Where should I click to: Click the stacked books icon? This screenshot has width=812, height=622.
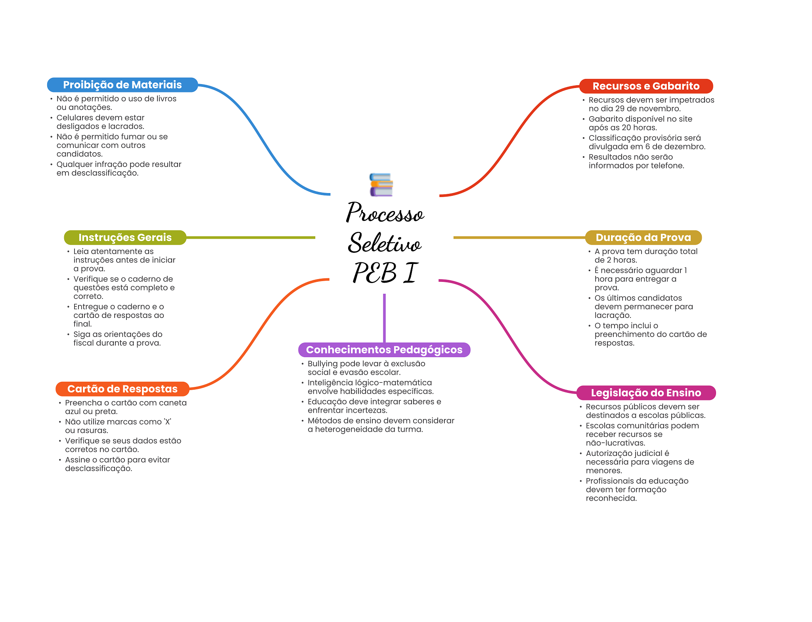(x=381, y=185)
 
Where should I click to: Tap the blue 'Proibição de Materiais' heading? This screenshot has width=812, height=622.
(x=122, y=85)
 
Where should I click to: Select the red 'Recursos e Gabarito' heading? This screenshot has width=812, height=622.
(x=645, y=86)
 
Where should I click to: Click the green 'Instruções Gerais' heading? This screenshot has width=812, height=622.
(x=125, y=237)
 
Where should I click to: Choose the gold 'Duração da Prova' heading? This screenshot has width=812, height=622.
(x=643, y=237)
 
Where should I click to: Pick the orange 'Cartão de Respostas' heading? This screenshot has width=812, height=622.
(x=122, y=389)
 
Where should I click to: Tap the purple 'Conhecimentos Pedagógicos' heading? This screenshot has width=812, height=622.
(x=384, y=350)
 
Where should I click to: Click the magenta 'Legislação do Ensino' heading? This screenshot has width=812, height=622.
(x=645, y=393)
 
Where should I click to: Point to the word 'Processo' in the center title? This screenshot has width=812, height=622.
(x=385, y=213)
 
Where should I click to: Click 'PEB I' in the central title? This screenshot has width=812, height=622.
(x=385, y=273)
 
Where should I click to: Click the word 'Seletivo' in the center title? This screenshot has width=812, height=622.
(x=385, y=243)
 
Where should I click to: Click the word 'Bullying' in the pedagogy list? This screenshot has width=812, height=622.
(x=322, y=364)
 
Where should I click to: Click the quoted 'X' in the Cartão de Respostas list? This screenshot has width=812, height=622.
(x=167, y=422)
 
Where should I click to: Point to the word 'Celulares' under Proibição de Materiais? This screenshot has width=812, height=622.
(x=73, y=118)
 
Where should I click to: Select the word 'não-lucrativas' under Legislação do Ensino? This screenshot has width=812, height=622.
(x=615, y=443)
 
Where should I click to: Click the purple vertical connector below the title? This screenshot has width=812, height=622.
(x=384, y=317)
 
